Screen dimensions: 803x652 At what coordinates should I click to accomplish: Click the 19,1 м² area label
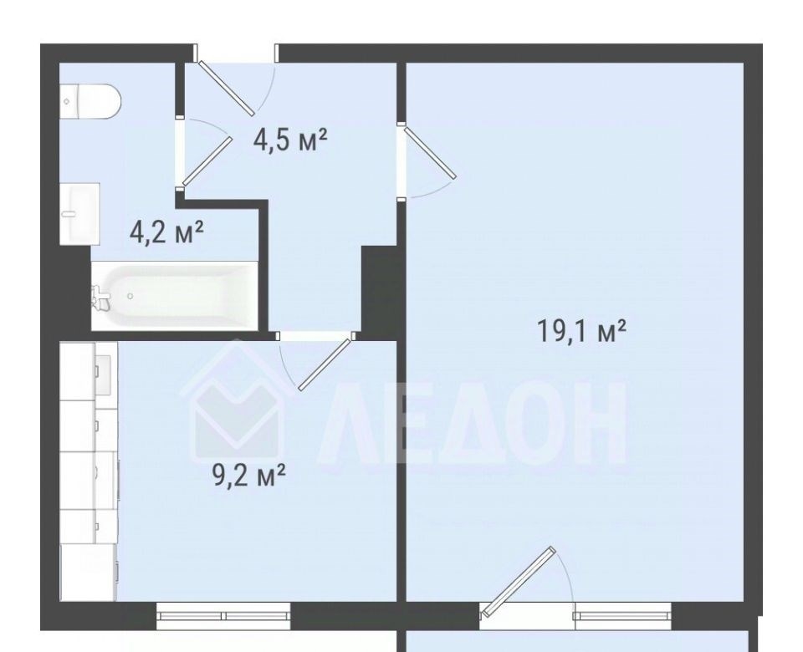[581, 331]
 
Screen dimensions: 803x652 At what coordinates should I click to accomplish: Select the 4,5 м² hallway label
[290, 140]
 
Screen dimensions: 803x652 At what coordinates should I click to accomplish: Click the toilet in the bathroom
[90, 101]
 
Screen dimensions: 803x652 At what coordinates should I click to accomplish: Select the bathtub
[175, 296]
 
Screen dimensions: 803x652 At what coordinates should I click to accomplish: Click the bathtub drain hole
[130, 296]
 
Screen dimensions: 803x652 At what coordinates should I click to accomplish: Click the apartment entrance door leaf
[227, 88]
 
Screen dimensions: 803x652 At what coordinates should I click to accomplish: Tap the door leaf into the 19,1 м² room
[430, 153]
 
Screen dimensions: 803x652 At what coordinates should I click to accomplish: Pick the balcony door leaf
[519, 581]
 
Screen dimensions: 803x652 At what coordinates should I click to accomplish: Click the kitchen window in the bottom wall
[223, 616]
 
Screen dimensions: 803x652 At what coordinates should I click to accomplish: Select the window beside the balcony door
[622, 616]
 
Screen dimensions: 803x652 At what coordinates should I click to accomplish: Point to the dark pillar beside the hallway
[380, 293]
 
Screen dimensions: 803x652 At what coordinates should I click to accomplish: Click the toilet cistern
[69, 101]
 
